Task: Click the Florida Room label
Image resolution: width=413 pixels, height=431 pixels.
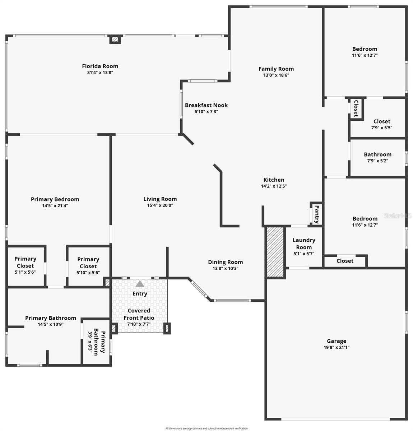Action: click(x=100, y=66)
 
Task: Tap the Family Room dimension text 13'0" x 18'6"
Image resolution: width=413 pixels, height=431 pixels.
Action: click(x=276, y=75)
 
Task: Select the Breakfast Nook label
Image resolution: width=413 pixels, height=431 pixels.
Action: click(x=206, y=105)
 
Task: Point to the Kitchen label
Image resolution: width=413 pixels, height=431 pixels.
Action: click(x=274, y=180)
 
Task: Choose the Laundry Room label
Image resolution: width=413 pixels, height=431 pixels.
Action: click(x=304, y=244)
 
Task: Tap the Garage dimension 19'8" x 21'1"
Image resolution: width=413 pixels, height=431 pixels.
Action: click(x=337, y=347)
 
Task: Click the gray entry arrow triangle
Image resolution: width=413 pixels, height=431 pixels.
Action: click(x=140, y=284)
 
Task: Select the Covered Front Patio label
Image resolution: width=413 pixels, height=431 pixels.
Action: click(x=139, y=314)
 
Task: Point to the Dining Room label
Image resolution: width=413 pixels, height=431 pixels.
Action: click(x=226, y=262)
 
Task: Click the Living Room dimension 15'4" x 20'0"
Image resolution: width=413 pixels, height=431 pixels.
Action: click(x=160, y=205)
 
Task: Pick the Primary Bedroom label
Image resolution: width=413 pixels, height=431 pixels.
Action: click(x=55, y=199)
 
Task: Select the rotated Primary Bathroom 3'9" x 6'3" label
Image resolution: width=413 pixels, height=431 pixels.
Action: click(x=97, y=343)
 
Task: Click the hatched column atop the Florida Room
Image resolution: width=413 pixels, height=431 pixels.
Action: click(x=115, y=40)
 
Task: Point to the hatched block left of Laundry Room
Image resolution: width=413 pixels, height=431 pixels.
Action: click(x=275, y=251)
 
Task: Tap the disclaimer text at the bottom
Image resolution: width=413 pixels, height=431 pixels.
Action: click(x=206, y=428)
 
